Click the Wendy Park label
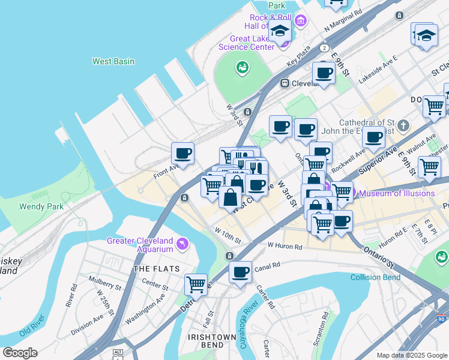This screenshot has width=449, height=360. click(x=37, y=206)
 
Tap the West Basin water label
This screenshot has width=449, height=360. click(x=113, y=61)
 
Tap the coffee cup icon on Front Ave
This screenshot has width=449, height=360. click(x=182, y=153)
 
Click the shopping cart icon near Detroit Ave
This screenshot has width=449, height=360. click(x=196, y=284)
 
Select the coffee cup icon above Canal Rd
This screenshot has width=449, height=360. click(x=241, y=272)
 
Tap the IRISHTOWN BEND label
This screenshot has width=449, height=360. click(x=211, y=337)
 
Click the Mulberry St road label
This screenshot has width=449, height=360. click(x=88, y=280)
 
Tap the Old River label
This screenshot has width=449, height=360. click(x=32, y=331)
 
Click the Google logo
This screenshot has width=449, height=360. click(x=20, y=353)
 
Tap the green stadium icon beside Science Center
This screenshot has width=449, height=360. click(x=243, y=67)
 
